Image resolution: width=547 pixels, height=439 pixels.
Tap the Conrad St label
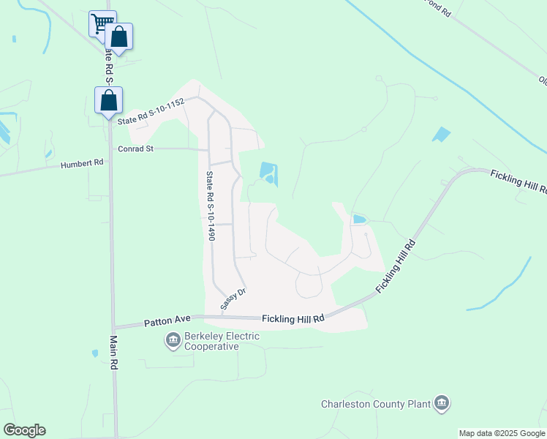tap(137, 149)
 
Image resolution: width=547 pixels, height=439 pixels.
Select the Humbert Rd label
tap(82, 164)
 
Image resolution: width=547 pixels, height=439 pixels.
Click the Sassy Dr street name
tap(233, 299)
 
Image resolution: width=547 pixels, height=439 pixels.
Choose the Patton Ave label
tap(167, 320)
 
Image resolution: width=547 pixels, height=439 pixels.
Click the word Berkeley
tap(205, 336)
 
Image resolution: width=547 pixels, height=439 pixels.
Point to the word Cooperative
tap(211, 346)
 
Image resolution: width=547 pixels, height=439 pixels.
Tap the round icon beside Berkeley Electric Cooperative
tap(173, 339)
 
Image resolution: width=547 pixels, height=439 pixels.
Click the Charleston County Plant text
tap(375, 404)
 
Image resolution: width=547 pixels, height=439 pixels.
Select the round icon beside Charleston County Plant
tap(441, 403)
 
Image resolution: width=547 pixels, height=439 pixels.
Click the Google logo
tap(24, 430)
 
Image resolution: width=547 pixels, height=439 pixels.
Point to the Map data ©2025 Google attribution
tap(502, 433)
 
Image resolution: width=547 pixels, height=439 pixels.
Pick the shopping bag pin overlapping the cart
tap(118, 36)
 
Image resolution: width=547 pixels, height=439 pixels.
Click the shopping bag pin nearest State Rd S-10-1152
tap(108, 100)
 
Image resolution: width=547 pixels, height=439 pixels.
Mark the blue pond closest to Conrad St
tap(268, 173)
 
